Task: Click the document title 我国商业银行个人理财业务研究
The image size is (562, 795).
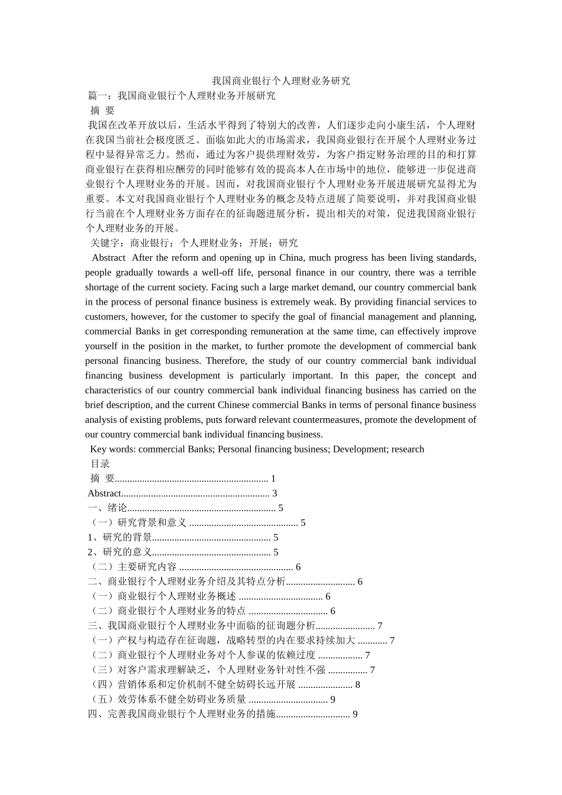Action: click(281, 81)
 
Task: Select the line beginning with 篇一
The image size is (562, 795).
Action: click(182, 96)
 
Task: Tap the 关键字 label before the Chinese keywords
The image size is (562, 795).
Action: click(105, 243)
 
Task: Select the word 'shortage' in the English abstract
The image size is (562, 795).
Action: click(102, 287)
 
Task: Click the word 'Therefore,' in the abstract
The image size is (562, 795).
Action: click(228, 361)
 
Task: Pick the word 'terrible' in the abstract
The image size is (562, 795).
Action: click(454, 273)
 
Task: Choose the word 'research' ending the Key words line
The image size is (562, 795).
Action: click(408, 450)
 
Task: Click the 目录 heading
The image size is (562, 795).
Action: click(100, 464)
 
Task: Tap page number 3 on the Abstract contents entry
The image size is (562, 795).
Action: click(274, 493)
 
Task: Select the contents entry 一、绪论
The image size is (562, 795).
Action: click(107, 508)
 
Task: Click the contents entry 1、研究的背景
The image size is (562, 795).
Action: click(120, 538)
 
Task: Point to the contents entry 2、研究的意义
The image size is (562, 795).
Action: click(120, 552)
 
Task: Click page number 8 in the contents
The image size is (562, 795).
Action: click(357, 685)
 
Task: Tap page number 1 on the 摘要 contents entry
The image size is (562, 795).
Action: click(273, 479)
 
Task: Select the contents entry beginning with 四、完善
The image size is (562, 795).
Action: click(182, 715)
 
